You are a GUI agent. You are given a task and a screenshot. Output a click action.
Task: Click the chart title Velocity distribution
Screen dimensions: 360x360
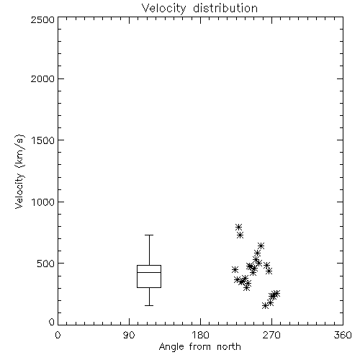(199, 9)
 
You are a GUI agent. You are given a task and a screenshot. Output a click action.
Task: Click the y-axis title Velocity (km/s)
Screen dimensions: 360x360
(19, 171)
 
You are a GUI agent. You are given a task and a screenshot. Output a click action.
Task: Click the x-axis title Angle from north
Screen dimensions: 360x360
(199, 347)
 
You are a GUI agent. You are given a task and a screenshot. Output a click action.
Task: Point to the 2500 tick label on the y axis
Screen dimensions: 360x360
(42, 19)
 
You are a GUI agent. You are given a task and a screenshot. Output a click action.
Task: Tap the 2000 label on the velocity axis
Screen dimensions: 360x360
(42, 78)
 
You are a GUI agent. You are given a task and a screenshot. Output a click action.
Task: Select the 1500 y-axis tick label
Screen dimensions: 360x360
(43, 140)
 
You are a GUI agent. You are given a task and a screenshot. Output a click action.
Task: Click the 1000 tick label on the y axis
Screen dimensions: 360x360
(43, 202)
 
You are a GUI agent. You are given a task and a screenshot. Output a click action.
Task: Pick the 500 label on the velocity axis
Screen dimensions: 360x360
(46, 264)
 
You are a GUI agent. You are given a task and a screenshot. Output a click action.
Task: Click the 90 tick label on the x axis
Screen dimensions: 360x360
(129, 335)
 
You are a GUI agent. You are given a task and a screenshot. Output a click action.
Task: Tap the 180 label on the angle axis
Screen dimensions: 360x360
(200, 335)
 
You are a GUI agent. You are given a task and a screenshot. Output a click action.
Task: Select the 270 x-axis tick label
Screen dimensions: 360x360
(271, 335)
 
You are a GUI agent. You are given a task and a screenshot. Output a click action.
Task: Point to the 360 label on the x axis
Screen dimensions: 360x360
(343, 335)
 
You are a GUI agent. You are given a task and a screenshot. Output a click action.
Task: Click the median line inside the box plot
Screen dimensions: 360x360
(149, 272)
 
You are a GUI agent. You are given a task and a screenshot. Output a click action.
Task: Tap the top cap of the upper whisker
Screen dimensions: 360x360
(149, 235)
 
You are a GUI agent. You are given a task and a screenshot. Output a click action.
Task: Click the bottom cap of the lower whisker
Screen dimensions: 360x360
(149, 305)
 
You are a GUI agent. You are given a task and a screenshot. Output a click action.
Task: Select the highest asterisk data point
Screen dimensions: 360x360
(238, 227)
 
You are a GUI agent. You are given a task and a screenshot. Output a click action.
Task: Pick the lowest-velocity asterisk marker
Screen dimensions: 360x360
(265, 306)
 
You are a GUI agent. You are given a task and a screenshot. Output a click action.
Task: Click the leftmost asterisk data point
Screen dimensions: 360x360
(235, 269)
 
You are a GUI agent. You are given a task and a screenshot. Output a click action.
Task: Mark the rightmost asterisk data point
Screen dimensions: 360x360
(276, 293)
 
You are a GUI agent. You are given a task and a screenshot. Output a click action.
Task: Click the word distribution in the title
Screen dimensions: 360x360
(225, 9)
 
